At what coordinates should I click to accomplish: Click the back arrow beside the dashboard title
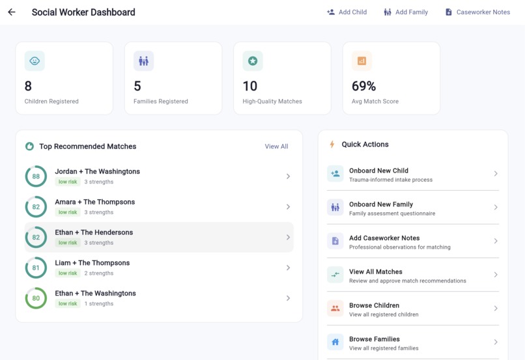point(12,12)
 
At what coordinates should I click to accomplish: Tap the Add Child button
point(347,12)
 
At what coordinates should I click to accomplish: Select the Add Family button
point(406,12)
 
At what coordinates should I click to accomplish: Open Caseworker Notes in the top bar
point(477,12)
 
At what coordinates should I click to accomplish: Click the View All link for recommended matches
point(276,146)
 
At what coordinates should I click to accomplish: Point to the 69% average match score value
point(363,86)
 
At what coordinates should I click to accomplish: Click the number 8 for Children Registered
point(28,86)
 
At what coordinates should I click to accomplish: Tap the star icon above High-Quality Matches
point(253,61)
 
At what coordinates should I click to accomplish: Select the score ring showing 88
point(36,176)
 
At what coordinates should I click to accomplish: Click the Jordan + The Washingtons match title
point(97,172)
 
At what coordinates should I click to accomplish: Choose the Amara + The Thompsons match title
point(94,202)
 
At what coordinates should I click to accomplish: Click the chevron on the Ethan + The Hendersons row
point(288,237)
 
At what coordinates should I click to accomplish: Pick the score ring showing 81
point(36,268)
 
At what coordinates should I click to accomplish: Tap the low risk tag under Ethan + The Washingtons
point(68,304)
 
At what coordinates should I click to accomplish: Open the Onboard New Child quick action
point(378,171)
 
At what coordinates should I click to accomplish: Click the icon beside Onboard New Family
point(335,208)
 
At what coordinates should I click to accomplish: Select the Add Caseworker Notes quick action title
point(384,238)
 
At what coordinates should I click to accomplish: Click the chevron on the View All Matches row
point(496,275)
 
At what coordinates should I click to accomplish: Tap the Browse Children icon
point(335,309)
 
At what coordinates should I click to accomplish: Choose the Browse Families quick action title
point(375,339)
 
